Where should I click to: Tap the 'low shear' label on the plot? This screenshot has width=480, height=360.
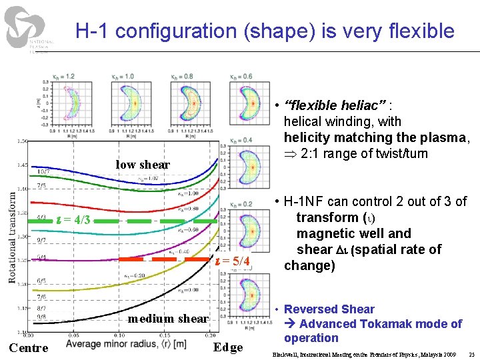coord(143,165)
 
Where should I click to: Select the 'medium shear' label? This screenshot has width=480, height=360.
coord(168,319)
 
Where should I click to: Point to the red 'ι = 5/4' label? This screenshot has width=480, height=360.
coord(232,261)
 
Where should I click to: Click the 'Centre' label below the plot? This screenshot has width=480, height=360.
coord(28,348)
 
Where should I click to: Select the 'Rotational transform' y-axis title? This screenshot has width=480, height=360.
coord(13,237)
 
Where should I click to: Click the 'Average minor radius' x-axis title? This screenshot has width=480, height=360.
coord(125,344)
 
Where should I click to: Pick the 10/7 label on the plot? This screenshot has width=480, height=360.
coord(43,171)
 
